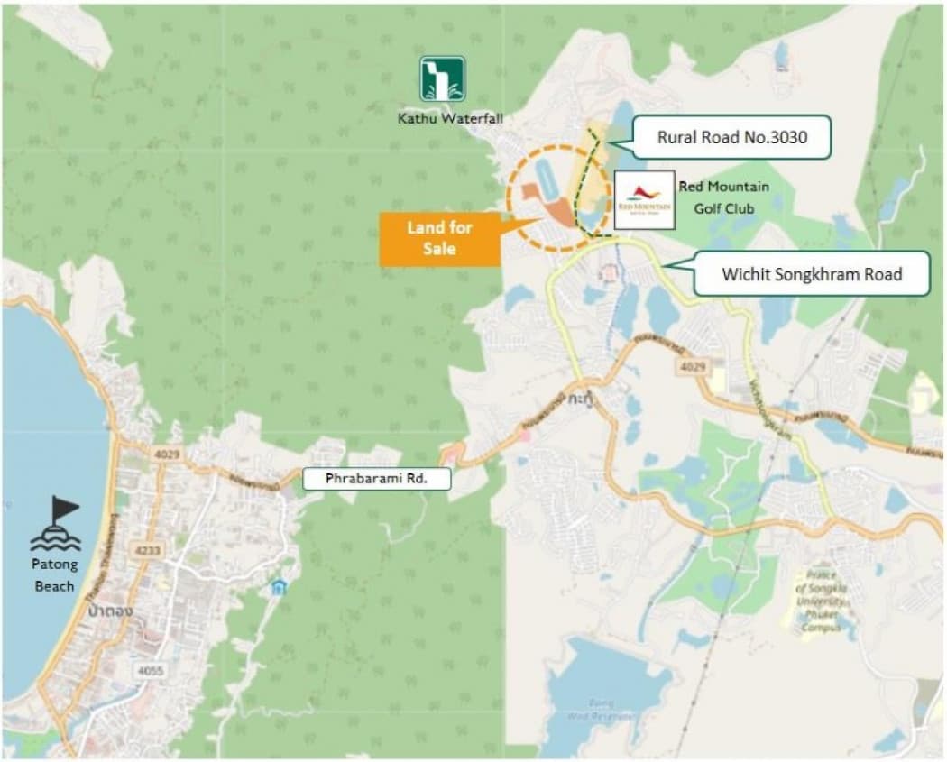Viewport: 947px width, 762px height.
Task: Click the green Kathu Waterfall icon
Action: click(x=442, y=78)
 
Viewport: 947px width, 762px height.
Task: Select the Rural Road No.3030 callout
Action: click(x=731, y=138)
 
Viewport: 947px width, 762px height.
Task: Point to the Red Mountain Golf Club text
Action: click(x=724, y=197)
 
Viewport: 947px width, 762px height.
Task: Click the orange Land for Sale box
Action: click(x=439, y=239)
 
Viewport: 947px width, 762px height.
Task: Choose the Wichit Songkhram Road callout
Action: click(x=811, y=273)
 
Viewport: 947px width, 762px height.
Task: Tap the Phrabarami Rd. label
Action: click(x=376, y=479)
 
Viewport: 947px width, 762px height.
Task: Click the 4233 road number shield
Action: click(x=143, y=549)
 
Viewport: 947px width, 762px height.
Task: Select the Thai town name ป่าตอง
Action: click(x=111, y=611)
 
